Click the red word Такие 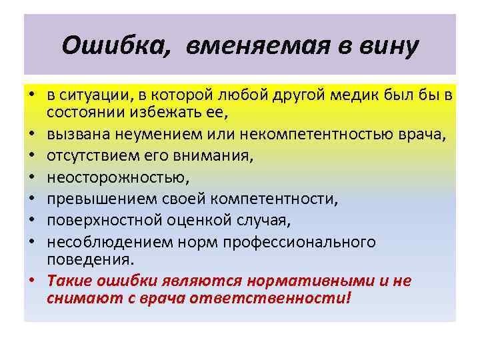(70, 281)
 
